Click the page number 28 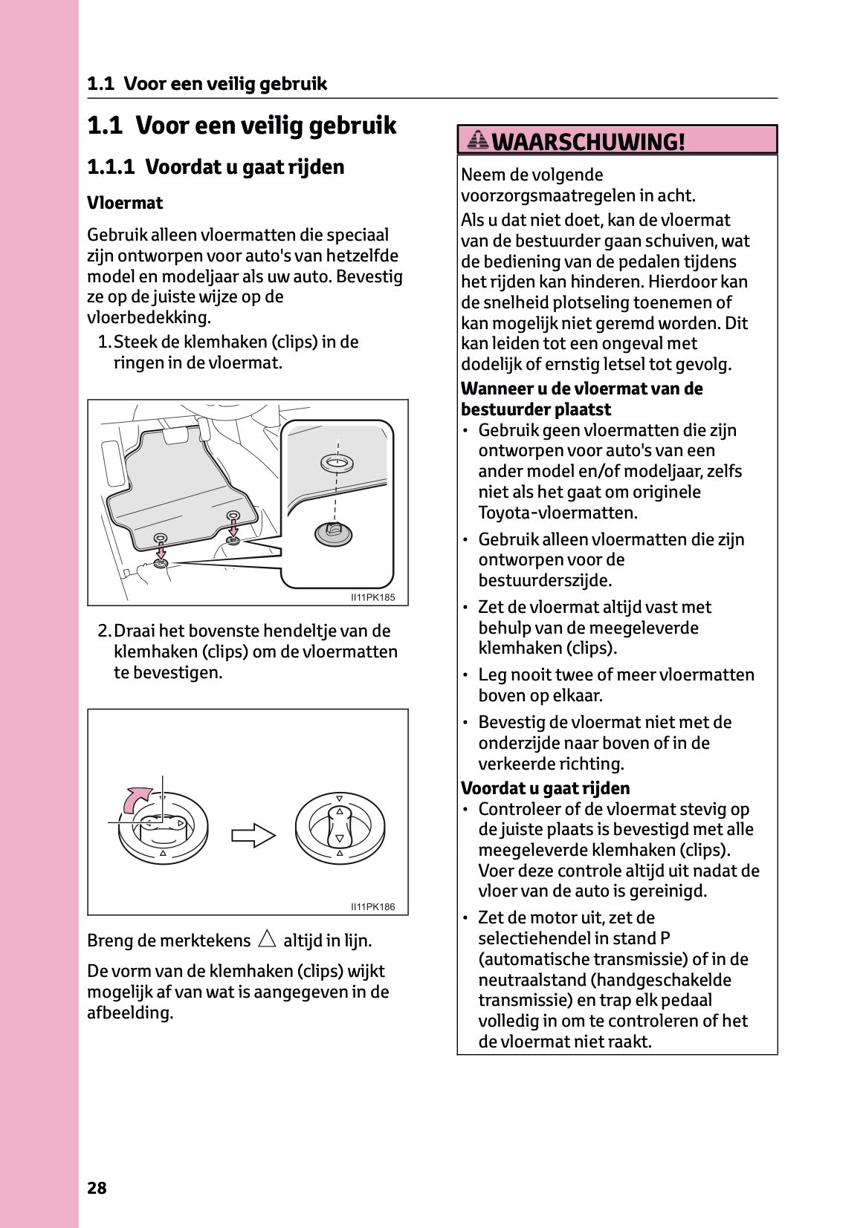[x=97, y=1188]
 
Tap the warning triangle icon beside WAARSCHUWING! [x=479, y=140]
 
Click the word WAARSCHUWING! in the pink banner [x=588, y=141]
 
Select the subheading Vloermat [x=125, y=203]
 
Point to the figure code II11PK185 [x=372, y=597]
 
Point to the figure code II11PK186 [x=372, y=906]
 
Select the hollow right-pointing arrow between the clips [x=253, y=835]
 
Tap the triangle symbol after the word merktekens [x=267, y=939]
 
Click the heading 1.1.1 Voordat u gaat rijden [x=216, y=166]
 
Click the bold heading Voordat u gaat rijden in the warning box [x=545, y=788]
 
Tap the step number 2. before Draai [x=104, y=631]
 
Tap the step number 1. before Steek [x=104, y=342]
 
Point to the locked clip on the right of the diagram [x=340, y=828]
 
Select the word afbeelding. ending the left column [x=130, y=1013]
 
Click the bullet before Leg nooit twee [x=465, y=675]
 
